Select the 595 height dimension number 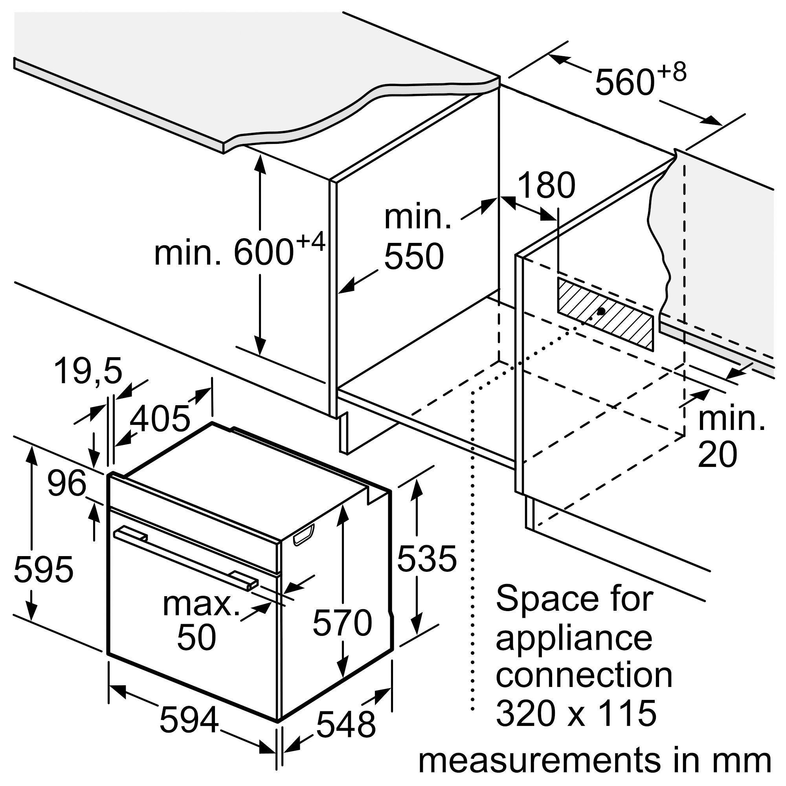coord(44,569)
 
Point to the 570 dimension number coord(342,623)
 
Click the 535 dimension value coord(426,558)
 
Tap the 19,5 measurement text coord(88,371)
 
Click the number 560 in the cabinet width coord(624,83)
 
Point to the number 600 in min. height coord(264,253)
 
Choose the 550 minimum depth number coord(414,256)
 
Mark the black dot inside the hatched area coord(601,311)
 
